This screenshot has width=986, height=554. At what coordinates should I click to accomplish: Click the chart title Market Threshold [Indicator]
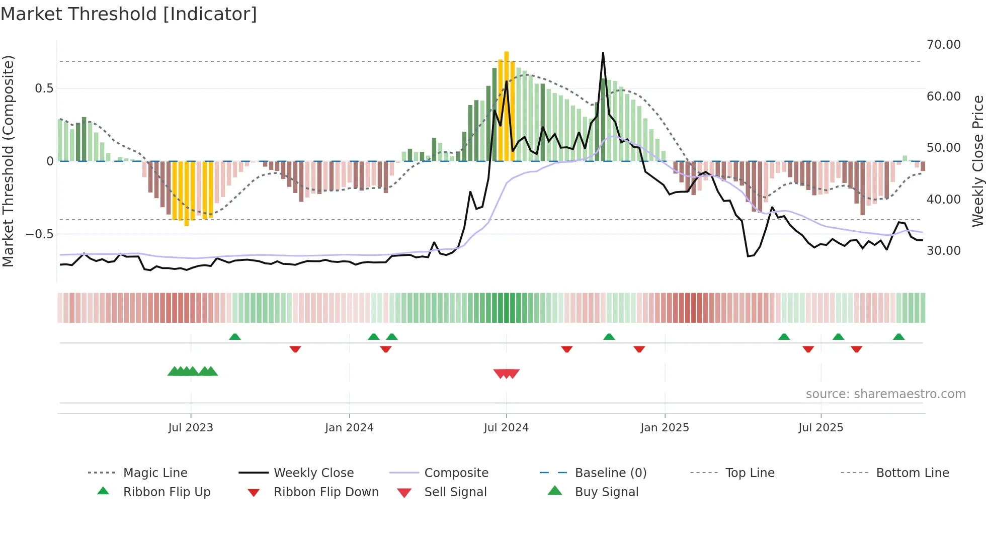pyautogui.click(x=129, y=14)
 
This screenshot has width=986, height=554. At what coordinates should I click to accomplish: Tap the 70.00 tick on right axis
pyautogui.click(x=943, y=45)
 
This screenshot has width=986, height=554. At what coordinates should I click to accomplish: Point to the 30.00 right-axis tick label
pyautogui.click(x=943, y=251)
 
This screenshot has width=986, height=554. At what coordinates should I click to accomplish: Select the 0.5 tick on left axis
pyautogui.click(x=44, y=88)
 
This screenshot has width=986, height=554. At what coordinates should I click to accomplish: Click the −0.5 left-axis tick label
pyautogui.click(x=40, y=234)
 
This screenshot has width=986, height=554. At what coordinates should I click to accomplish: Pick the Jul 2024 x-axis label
pyautogui.click(x=506, y=428)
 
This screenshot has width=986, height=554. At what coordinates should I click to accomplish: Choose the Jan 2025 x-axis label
pyautogui.click(x=665, y=428)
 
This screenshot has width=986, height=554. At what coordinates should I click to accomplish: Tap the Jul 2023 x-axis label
pyautogui.click(x=191, y=428)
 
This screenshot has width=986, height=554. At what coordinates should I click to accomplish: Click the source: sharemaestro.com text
pyautogui.click(x=885, y=394)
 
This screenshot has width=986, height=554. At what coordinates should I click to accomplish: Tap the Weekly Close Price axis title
pyautogui.click(x=977, y=161)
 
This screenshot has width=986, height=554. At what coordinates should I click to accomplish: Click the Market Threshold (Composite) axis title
pyautogui.click(x=8, y=161)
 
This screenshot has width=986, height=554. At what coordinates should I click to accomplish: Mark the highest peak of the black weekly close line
pyautogui.click(x=603, y=53)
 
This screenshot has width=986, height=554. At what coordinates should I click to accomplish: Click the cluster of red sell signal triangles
pyautogui.click(x=507, y=374)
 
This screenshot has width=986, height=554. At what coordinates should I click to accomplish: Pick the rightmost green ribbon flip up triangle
pyautogui.click(x=898, y=337)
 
